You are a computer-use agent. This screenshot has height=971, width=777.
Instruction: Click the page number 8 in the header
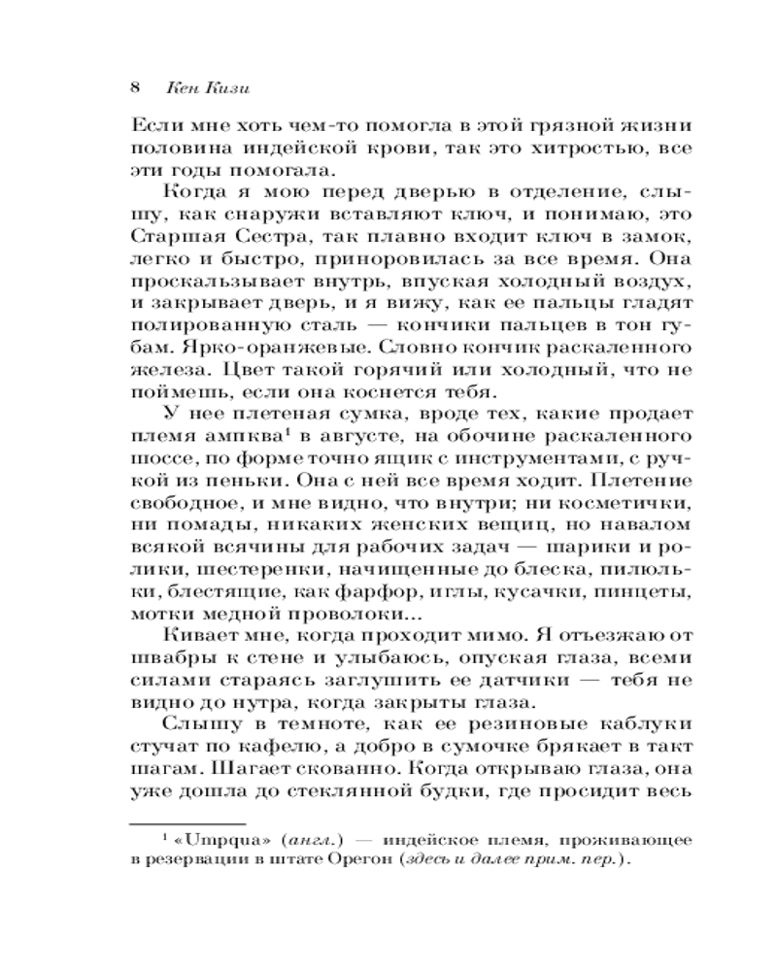136,85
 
